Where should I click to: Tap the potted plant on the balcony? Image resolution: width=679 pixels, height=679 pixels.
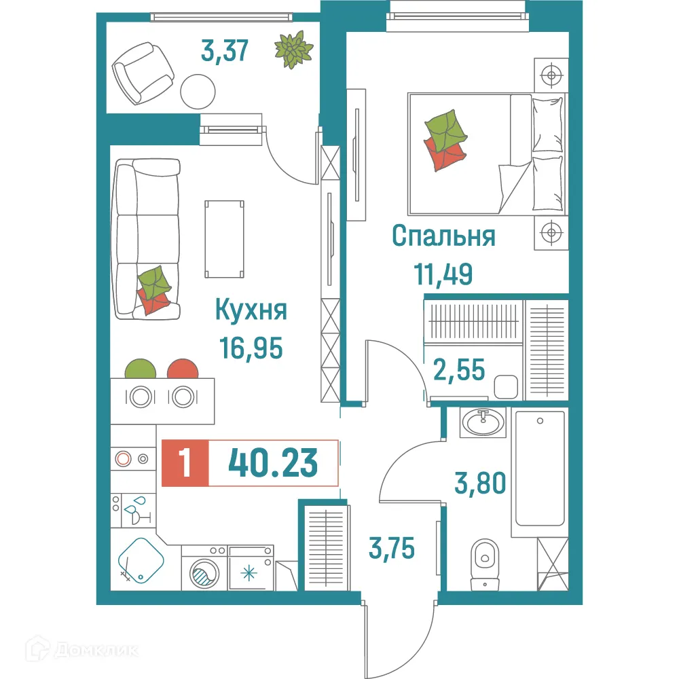coord(293,50)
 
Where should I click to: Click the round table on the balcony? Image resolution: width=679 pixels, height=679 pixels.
coord(198,90)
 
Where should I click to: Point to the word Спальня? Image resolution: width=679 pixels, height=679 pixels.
coord(443,237)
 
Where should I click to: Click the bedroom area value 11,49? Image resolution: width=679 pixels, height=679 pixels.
coord(443,275)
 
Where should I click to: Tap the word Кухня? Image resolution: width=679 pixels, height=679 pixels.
coord(251,310)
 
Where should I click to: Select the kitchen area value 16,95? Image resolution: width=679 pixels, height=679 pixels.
coord(251,348)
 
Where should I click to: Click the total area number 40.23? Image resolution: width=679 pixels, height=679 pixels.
coord(273,463)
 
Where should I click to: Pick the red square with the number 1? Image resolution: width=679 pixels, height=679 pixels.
coord(185,463)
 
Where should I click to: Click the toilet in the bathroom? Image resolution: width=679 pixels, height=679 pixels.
coord(484,557)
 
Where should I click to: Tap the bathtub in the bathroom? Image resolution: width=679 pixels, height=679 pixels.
coord(540,469)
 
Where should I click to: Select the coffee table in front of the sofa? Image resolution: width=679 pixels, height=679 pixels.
coord(224,239)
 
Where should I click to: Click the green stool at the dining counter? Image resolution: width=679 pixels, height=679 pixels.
coord(141,369)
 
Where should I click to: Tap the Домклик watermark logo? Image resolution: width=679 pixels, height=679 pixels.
coord(84,650)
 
